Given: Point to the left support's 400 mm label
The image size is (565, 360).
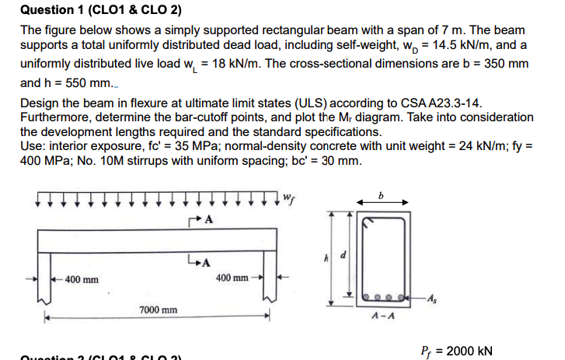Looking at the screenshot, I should [x=80, y=278].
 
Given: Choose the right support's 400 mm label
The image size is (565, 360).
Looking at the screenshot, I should [x=232, y=278].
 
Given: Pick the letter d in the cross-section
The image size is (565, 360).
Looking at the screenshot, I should [x=357, y=255].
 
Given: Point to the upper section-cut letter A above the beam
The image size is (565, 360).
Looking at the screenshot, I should [x=208, y=220].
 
